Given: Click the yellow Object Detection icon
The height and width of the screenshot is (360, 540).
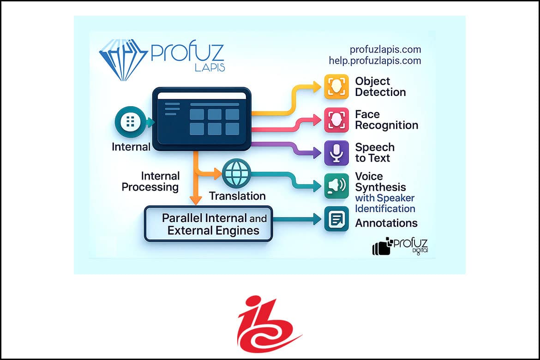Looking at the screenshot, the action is click(336, 86).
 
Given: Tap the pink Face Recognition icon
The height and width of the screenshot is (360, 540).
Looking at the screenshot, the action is click(336, 120).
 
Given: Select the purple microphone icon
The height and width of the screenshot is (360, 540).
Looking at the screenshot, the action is click(336, 153).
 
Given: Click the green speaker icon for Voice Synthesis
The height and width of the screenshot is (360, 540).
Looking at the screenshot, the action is click(336, 186).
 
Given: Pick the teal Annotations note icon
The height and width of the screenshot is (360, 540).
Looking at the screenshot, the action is click(336, 219).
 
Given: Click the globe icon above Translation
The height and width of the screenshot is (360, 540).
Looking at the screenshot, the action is click(237, 173).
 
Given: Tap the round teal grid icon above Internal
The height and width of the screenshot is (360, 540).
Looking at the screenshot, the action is click(130, 122).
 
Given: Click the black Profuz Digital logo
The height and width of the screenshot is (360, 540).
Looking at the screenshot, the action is click(400, 246).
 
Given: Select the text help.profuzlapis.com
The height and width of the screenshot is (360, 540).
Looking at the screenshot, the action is click(375, 60).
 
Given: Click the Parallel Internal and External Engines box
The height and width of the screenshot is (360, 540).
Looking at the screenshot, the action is click(209, 224).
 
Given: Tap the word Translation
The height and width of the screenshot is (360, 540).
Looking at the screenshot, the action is click(237, 196).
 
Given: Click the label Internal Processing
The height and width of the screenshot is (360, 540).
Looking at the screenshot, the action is click(150, 181).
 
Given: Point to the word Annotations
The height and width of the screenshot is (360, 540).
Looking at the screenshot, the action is click(386, 223).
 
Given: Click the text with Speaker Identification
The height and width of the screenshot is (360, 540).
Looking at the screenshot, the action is click(385, 203).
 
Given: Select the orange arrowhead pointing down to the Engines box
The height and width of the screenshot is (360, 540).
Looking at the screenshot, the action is click(196, 199).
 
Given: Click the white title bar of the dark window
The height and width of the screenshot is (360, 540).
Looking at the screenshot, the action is click(202, 96).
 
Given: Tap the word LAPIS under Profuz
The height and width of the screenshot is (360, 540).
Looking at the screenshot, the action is click(210, 67).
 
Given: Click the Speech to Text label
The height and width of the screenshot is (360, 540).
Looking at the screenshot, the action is click(375, 153).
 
